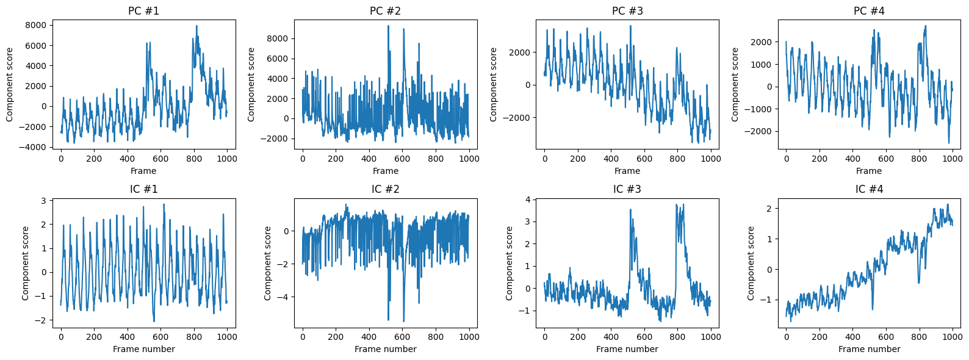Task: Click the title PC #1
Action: click(x=143, y=11)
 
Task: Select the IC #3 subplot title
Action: click(x=627, y=189)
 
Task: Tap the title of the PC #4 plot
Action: click(x=869, y=11)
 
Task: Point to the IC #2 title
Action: click(x=386, y=189)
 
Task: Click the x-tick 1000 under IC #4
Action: click(x=952, y=336)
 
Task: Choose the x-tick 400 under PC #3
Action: click(x=611, y=158)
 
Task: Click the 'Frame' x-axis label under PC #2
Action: click(x=386, y=171)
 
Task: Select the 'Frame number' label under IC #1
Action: click(x=143, y=349)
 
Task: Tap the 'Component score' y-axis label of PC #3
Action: click(x=494, y=84)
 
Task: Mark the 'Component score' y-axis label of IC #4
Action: click(x=751, y=263)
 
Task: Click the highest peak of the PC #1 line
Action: click(x=196, y=26)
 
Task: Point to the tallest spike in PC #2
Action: click(x=388, y=26)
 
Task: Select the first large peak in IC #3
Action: click(x=630, y=210)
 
